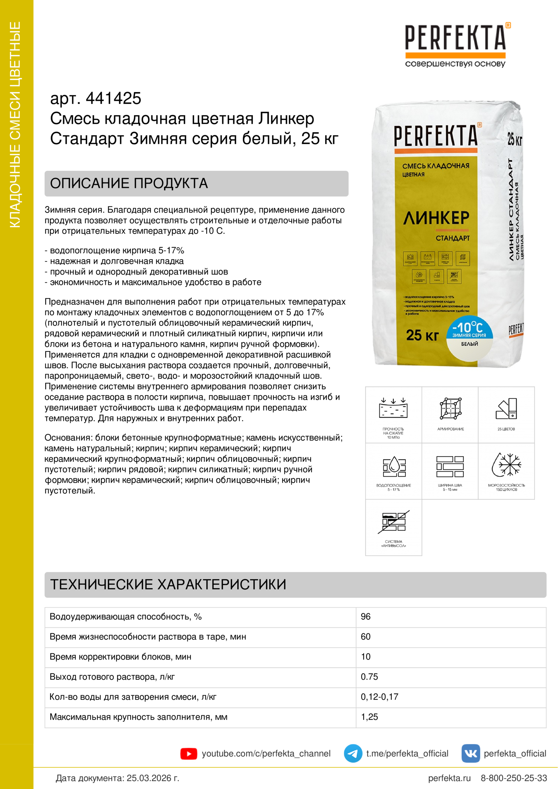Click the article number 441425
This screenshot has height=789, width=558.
(113, 98)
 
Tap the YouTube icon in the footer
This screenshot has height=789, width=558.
(188, 754)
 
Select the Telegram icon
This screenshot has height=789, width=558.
(353, 753)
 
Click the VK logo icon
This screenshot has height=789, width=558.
(470, 753)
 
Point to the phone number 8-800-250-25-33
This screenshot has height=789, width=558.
(514, 778)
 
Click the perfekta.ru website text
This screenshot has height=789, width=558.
(449, 778)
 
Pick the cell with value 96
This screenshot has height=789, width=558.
(366, 617)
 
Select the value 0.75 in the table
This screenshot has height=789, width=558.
(369, 677)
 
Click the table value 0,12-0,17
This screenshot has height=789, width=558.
(379, 697)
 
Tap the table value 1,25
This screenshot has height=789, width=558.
(369, 717)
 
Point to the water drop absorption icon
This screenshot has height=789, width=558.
(394, 466)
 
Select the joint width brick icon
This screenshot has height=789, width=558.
(450, 466)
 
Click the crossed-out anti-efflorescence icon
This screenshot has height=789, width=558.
(394, 522)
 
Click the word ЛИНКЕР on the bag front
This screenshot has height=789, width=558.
(436, 218)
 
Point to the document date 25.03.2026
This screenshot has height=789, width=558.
(153, 778)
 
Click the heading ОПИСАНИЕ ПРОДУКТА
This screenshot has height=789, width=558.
(129, 184)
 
